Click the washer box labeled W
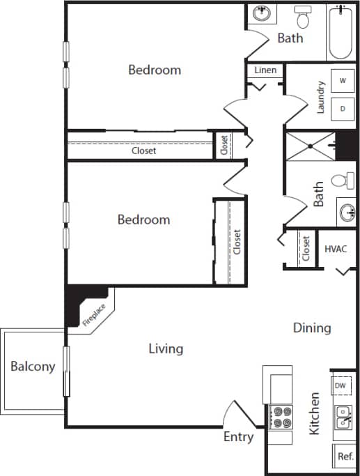pyautogui.click(x=342, y=81)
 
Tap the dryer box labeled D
pyautogui.click(x=342, y=108)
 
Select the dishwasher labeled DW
pyautogui.click(x=341, y=385)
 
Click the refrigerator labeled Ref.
pyautogui.click(x=345, y=456)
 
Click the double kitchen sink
pyautogui.click(x=344, y=417)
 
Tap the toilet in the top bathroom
pyautogui.click(x=303, y=15)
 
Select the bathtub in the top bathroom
pyautogui.click(x=341, y=31)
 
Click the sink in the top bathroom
pyautogui.click(x=263, y=13)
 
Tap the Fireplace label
pyautogui.click(x=95, y=314)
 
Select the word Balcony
pyautogui.click(x=33, y=367)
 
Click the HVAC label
pyautogui.click(x=336, y=249)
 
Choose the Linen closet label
pyautogui.click(x=265, y=70)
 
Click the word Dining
pyautogui.click(x=311, y=328)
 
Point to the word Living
pyautogui.click(x=166, y=348)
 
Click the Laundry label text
pyautogui.click(x=321, y=97)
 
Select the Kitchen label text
pyautogui.click(x=315, y=413)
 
